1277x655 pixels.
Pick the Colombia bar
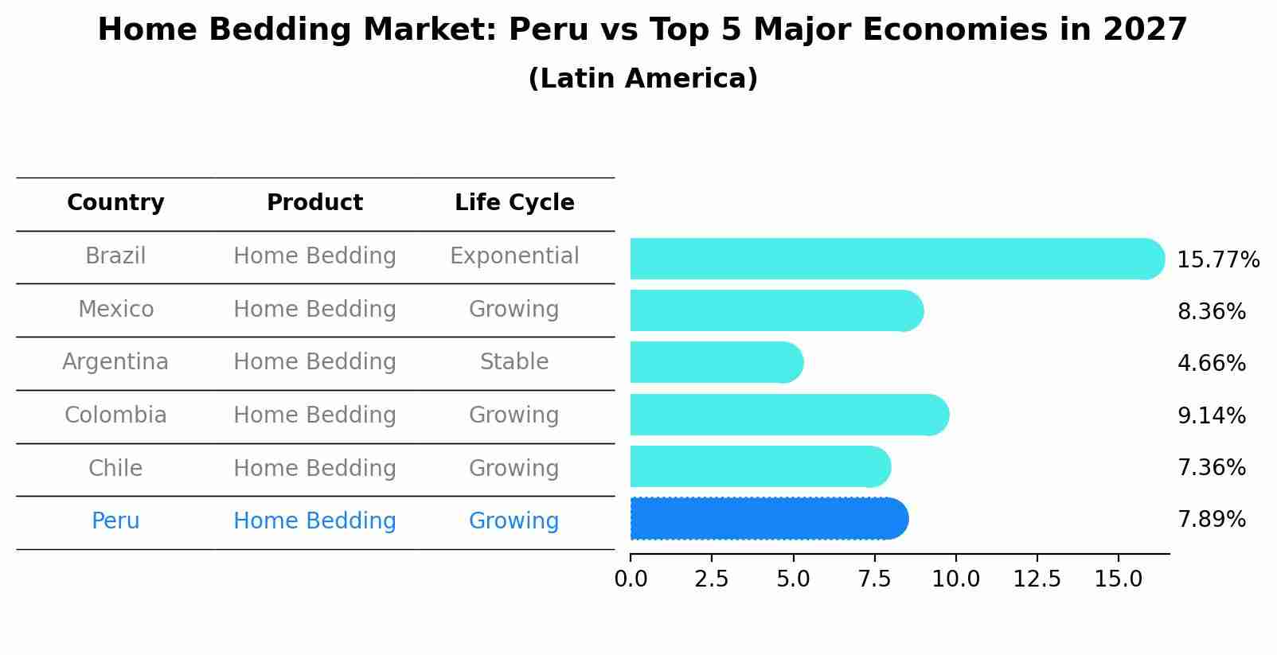pyautogui.click(x=788, y=415)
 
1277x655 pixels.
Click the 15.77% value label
pyautogui.click(x=1217, y=260)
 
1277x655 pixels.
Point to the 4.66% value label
pyautogui.click(x=1211, y=364)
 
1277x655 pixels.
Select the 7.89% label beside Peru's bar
pyautogui.click(x=1211, y=520)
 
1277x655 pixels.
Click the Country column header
pyautogui.click(x=115, y=203)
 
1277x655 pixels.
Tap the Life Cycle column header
pyautogui.click(x=514, y=203)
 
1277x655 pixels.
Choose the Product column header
pyautogui.click(x=314, y=203)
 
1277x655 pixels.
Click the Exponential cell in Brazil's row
pyautogui.click(x=514, y=256)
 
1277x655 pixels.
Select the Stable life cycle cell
pyautogui.click(x=514, y=362)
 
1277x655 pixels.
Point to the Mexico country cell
pyautogui.click(x=115, y=309)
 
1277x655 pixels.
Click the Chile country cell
pyautogui.click(x=115, y=468)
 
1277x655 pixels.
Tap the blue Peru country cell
pyautogui.click(x=115, y=521)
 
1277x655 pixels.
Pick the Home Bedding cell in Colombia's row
pyautogui.click(x=314, y=415)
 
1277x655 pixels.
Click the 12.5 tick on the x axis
pyautogui.click(x=1037, y=579)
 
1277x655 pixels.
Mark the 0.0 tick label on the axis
pyautogui.click(x=631, y=579)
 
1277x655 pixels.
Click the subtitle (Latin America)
pyautogui.click(x=642, y=79)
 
